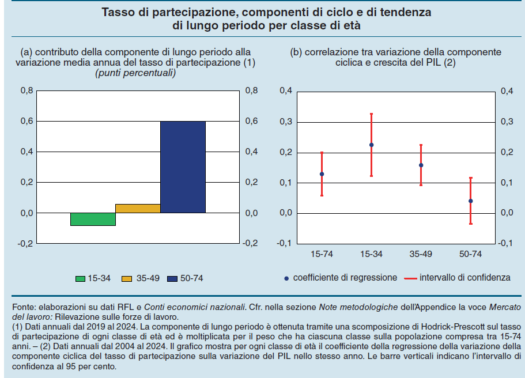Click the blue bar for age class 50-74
(x=183, y=167)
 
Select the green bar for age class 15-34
(x=93, y=219)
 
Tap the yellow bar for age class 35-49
(x=138, y=209)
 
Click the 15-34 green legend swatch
(x=81, y=279)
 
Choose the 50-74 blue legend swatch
(x=172, y=279)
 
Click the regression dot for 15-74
(x=322, y=174)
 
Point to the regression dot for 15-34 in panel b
(x=371, y=145)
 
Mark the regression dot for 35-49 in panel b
(x=421, y=165)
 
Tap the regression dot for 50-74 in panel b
(x=470, y=201)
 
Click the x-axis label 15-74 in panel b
(x=322, y=254)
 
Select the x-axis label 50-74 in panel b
(x=470, y=254)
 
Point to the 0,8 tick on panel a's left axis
(x=27, y=91)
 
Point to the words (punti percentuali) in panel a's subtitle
(x=135, y=73)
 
